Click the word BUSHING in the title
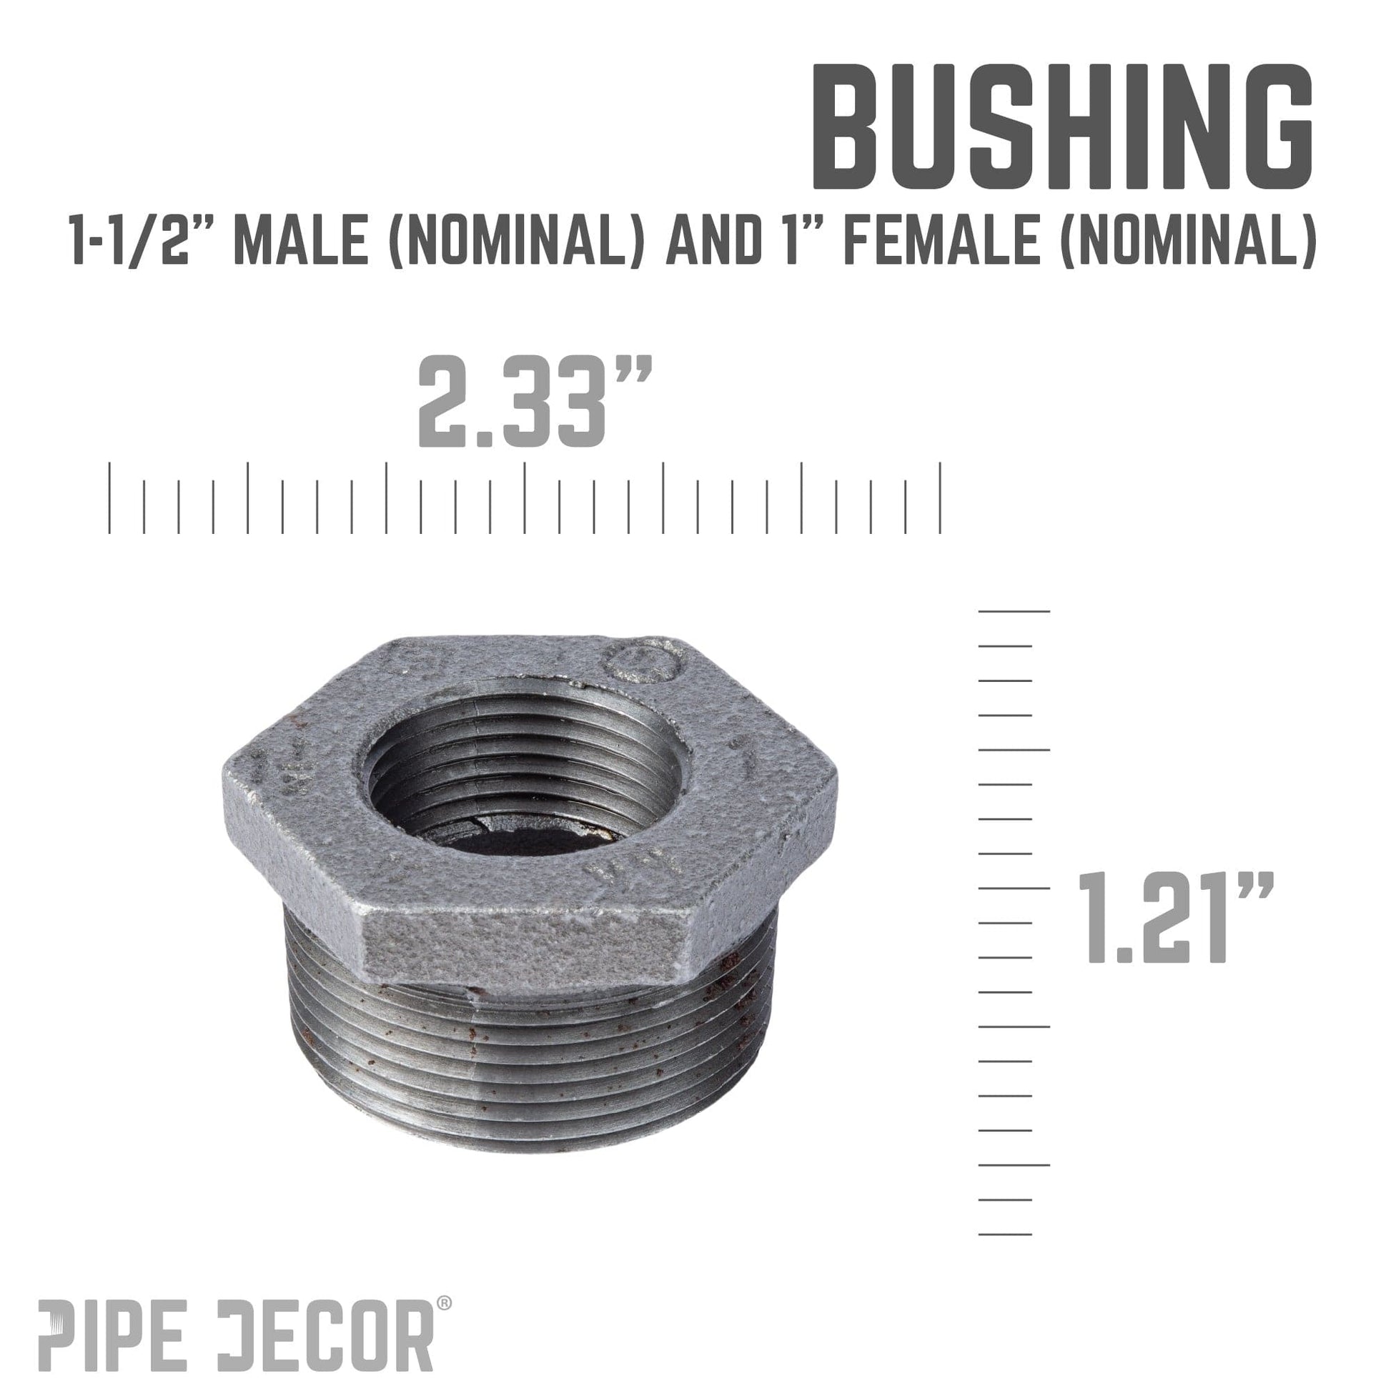click(x=1061, y=128)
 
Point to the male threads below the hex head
click(x=533, y=1066)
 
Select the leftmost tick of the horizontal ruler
click(x=109, y=498)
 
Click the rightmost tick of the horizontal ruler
click(x=940, y=498)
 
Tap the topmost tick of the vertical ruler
click(x=1014, y=611)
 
